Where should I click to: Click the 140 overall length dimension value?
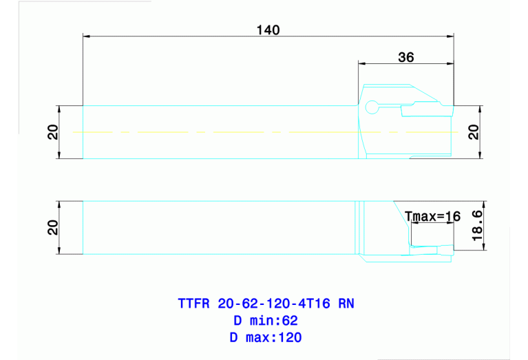coord(268,30)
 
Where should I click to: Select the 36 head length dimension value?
coord(406,58)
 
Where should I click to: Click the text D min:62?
coord(265,320)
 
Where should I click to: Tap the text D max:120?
coord(265,337)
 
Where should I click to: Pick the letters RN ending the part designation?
coord(346,303)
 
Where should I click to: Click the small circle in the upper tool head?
coord(372,107)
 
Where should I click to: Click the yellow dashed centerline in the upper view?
coord(207,131)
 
